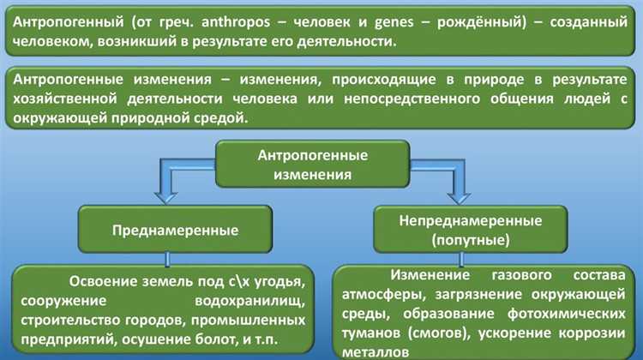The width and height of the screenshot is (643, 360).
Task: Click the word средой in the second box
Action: (x=221, y=119)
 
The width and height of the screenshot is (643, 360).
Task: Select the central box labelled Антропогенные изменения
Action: (x=313, y=165)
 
